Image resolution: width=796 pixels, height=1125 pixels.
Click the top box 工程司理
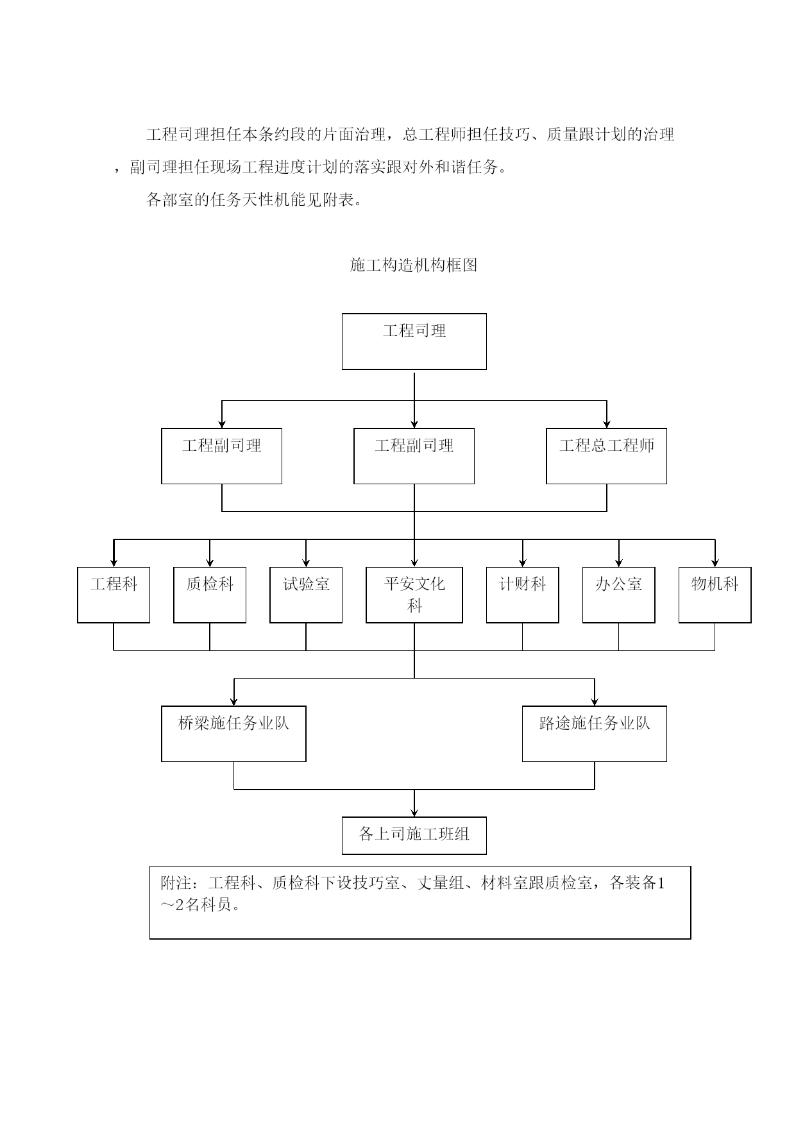pyautogui.click(x=414, y=341)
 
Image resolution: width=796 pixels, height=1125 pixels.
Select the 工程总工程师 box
pyautogui.click(x=606, y=456)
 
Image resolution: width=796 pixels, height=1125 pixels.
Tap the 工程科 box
pyautogui.click(x=114, y=595)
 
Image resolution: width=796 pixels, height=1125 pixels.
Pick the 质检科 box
pyautogui.click(x=210, y=595)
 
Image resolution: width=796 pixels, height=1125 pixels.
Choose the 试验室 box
pyautogui.click(x=306, y=595)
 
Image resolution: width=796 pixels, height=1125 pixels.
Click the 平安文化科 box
pyautogui.click(x=414, y=595)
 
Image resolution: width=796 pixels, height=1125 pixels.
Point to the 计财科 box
pyautogui.click(x=523, y=595)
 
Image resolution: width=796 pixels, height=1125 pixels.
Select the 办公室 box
pyautogui.click(x=619, y=595)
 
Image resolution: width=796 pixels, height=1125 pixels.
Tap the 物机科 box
pyautogui.click(x=715, y=595)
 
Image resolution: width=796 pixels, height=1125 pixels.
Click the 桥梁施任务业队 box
pyautogui.click(x=233, y=734)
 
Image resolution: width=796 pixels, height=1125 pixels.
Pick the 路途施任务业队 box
pyautogui.click(x=595, y=734)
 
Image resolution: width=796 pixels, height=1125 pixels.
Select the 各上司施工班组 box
pyautogui.click(x=414, y=835)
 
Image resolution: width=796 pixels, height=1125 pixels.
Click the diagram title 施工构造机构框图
pyautogui.click(x=414, y=265)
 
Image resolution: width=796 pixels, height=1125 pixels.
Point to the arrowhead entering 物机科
pyautogui.click(x=715, y=562)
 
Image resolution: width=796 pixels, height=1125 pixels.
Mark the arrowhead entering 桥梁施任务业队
pyautogui.click(x=234, y=702)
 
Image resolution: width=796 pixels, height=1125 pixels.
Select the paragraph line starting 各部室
pyautogui.click(x=255, y=200)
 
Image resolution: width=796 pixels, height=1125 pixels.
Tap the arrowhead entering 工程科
pyautogui.click(x=114, y=562)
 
